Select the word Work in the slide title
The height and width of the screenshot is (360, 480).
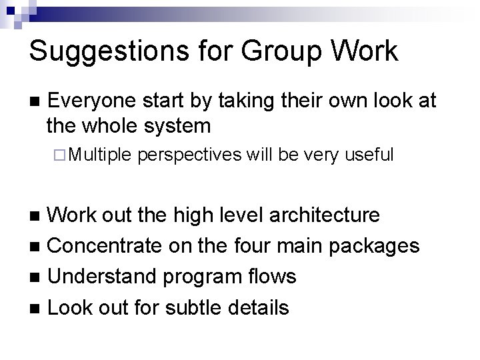pyautogui.click(x=365, y=52)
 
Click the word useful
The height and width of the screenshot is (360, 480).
pyautogui.click(x=369, y=155)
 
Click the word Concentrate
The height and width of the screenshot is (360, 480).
pyautogui.click(x=103, y=245)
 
